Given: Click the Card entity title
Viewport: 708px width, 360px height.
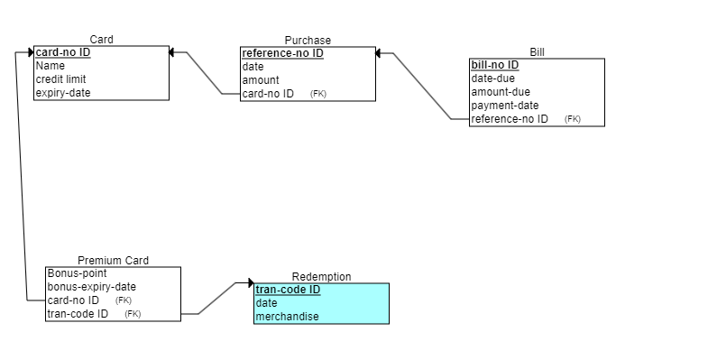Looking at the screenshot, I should point(101,39).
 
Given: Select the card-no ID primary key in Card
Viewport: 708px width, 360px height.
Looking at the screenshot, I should point(63,52).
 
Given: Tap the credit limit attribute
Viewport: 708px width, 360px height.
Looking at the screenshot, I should point(60,79).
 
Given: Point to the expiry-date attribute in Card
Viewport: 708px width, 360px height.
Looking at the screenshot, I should point(63,93).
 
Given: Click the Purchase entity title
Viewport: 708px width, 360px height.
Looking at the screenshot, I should point(308,40).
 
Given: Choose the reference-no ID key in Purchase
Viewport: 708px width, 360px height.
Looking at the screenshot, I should point(282,53).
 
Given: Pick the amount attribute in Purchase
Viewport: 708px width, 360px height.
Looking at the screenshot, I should point(261,80).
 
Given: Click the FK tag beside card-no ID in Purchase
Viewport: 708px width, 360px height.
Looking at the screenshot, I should point(317,94).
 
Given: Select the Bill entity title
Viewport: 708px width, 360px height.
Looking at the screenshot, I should point(537,52).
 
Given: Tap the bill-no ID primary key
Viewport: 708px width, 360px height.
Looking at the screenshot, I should point(495,65).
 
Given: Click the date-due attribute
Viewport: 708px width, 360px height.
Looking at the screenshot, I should point(493,78).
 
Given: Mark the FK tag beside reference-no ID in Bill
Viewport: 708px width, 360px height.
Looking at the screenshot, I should point(573,119).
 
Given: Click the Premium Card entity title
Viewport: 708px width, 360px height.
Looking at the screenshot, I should point(113,261).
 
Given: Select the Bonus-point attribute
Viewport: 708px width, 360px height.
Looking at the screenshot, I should point(77,273).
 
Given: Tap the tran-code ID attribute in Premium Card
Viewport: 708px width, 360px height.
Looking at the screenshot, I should point(78,314).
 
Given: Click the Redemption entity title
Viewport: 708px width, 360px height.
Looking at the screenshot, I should point(321,276).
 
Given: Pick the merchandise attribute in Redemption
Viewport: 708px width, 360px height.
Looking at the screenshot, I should point(287,317).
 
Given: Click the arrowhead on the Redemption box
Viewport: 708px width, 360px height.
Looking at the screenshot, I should point(251,283).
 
